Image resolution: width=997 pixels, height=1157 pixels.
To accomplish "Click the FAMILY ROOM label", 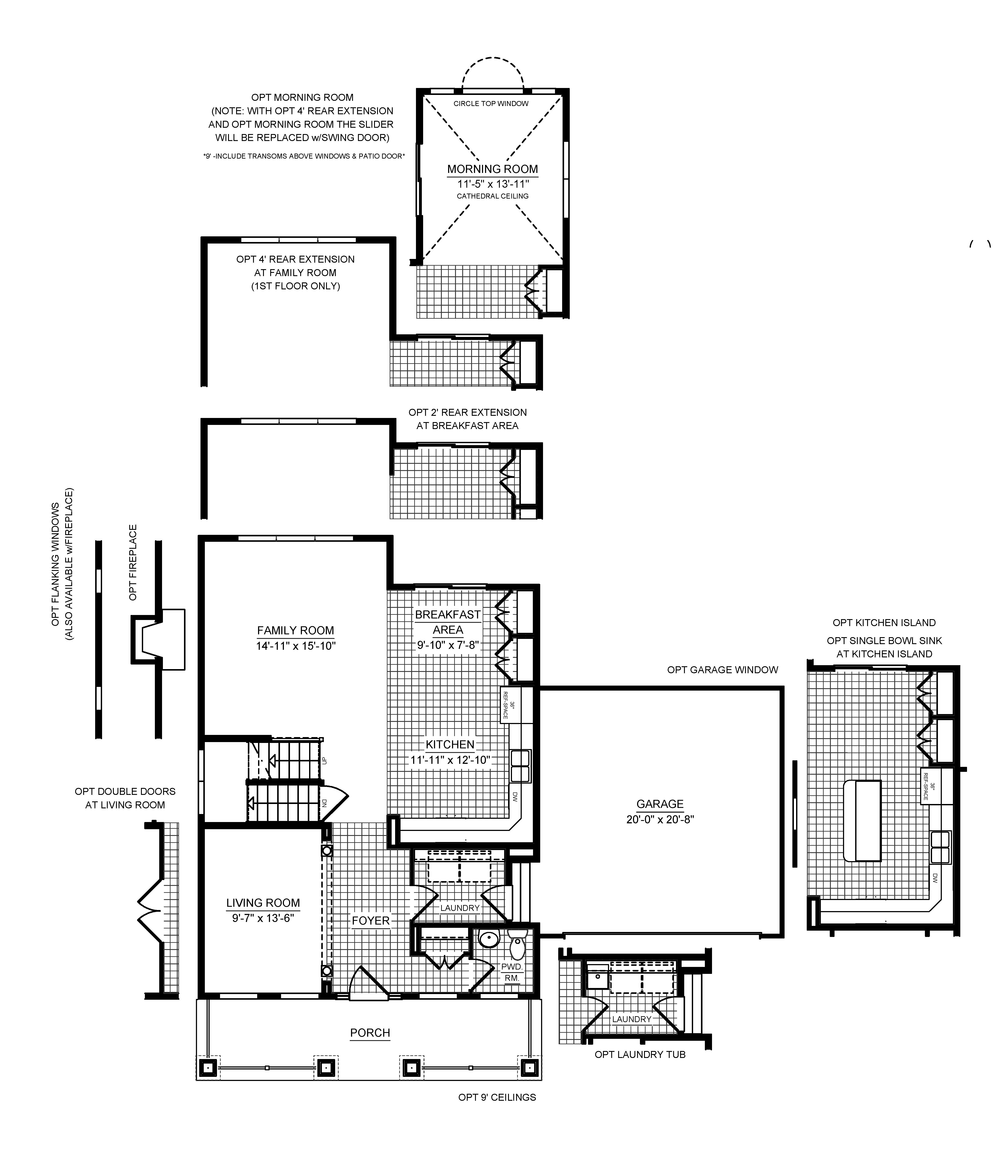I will point(295,630).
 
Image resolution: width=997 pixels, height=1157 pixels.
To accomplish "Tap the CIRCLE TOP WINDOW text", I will point(491,103).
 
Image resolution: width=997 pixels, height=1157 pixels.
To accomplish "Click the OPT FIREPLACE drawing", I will point(157,639).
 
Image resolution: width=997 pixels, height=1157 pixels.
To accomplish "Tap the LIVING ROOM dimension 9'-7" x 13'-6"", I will point(263,917).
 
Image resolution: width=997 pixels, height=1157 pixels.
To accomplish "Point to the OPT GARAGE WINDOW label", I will point(722,670).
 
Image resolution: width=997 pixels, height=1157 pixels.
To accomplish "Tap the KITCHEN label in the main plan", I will point(450,744).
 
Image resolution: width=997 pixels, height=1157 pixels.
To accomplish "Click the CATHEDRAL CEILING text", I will point(492,196).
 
